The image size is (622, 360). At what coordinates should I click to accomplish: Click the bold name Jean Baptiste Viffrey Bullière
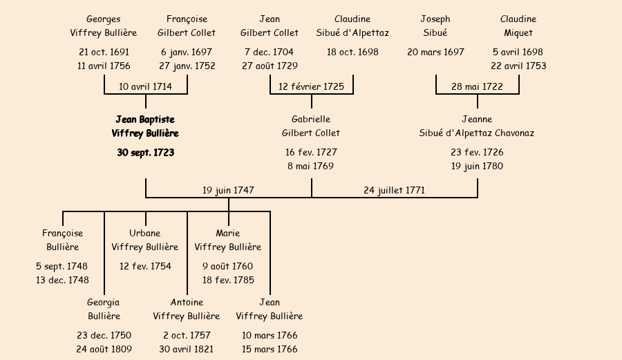pos(145,126)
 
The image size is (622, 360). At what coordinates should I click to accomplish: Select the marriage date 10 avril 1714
pos(145,86)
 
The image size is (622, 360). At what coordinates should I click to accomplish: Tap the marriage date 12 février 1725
pos(311,86)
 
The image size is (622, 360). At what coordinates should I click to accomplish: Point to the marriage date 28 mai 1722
pos(477,86)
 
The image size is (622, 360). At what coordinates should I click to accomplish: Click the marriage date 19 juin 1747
pos(228,190)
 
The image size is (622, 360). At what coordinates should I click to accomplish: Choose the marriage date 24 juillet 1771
pos(394,190)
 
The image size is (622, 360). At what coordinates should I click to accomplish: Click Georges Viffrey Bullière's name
pos(104,26)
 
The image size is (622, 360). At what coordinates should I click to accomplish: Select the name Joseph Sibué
pos(435,26)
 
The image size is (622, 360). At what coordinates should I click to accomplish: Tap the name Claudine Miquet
pos(518,26)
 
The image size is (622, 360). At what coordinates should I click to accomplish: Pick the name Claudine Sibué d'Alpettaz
pos(352,26)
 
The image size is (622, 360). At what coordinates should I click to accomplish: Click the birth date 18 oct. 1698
pos(352,52)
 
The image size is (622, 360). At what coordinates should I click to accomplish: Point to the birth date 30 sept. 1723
pos(145,153)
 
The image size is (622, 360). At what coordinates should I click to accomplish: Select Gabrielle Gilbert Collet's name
pos(311,126)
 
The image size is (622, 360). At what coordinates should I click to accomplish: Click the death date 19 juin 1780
pos(477,166)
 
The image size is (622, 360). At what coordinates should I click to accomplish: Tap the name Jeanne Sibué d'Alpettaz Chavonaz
pos(477,126)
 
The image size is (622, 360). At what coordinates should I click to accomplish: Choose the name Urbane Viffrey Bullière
pos(145,240)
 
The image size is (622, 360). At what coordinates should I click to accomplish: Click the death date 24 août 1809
pos(104,349)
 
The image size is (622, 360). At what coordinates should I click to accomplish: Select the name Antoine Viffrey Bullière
pos(187,309)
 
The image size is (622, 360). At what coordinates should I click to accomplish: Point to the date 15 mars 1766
pos(270,349)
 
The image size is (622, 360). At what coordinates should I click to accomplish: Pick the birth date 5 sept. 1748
pos(62,266)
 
